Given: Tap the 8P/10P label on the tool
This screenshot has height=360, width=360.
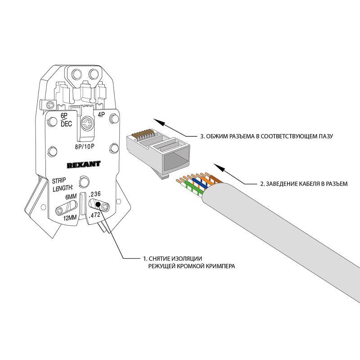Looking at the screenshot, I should tap(86, 147).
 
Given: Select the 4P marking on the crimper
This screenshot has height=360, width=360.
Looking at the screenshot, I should tap(101, 116).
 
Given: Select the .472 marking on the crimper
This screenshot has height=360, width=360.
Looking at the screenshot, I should tap(94, 216).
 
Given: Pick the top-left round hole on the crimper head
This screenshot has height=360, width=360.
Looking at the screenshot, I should tap(75, 74).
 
